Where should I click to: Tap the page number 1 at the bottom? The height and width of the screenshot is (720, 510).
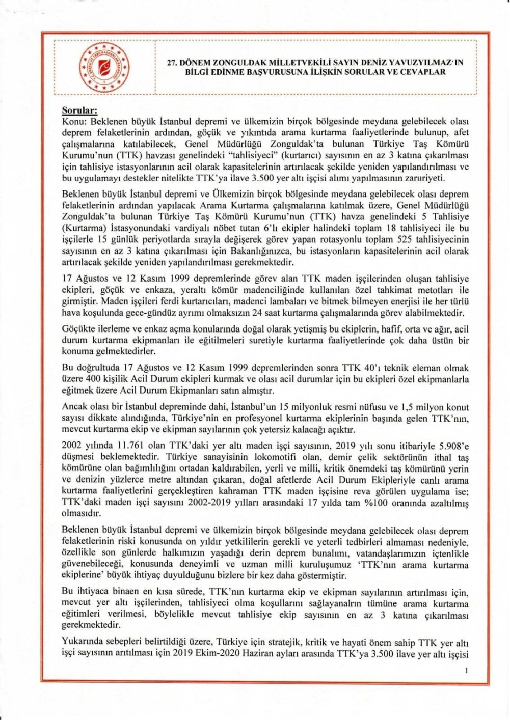[x=466, y=671]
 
